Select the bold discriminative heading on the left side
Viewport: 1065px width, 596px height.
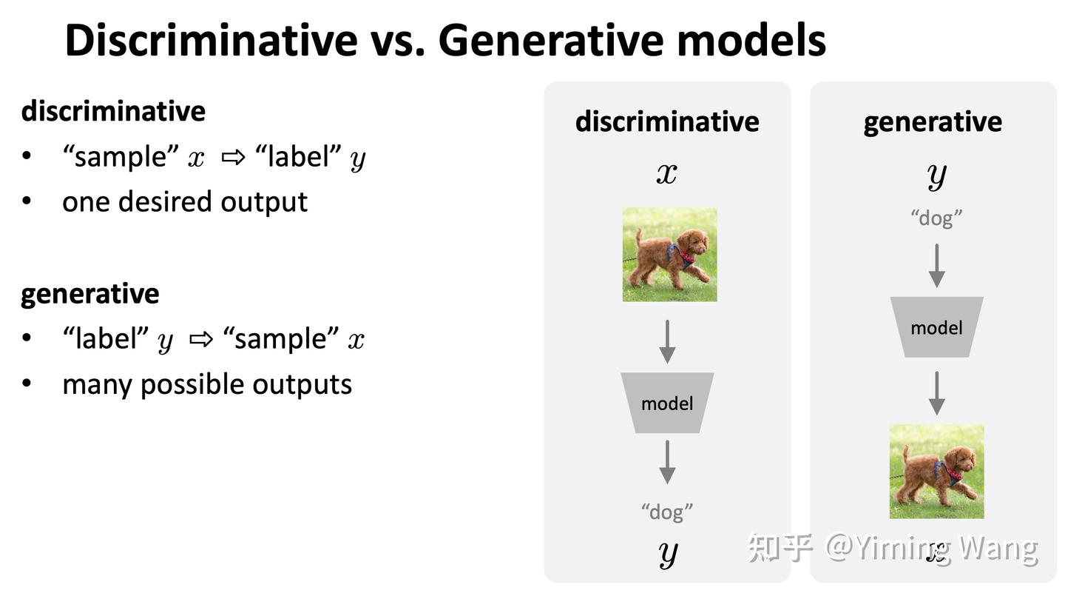tap(113, 111)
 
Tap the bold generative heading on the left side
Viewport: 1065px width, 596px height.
tap(90, 294)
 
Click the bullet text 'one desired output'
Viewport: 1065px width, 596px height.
tap(185, 202)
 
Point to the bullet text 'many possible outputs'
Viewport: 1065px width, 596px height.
tap(207, 385)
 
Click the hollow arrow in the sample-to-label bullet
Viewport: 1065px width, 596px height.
tap(234, 157)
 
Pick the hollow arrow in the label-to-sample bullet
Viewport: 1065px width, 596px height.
tap(201, 339)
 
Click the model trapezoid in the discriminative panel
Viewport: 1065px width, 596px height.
tap(667, 403)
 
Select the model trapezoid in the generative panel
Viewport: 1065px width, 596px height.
tap(936, 327)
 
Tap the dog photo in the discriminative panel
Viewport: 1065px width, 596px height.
tap(669, 254)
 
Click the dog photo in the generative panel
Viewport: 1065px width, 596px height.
tap(936, 472)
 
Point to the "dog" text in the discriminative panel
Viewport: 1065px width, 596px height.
tap(667, 512)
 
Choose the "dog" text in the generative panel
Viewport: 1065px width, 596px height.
tap(936, 218)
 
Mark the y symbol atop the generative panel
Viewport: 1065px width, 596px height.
tap(936, 176)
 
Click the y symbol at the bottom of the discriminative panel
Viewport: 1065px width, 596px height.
tap(668, 554)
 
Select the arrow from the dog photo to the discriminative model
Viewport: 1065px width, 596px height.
tap(667, 342)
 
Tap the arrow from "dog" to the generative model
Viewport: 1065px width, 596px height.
tap(936, 266)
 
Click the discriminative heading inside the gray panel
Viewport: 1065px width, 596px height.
tap(667, 122)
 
